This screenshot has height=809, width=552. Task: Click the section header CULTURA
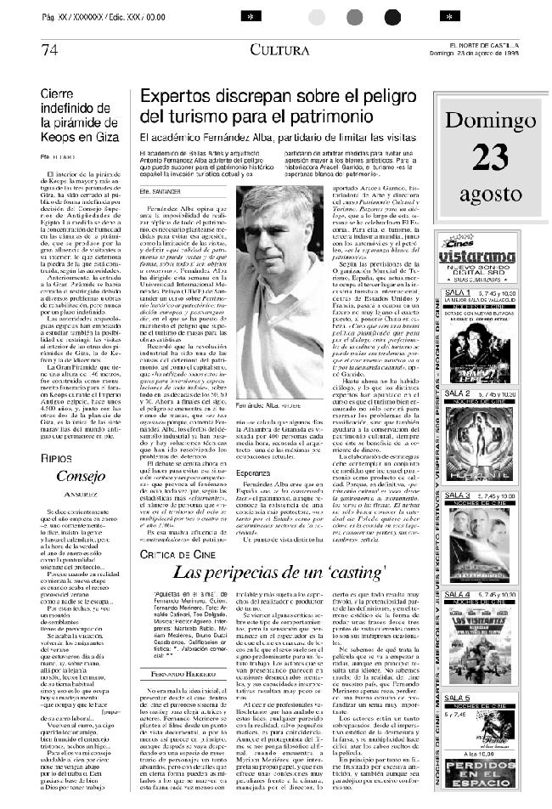(279, 50)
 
